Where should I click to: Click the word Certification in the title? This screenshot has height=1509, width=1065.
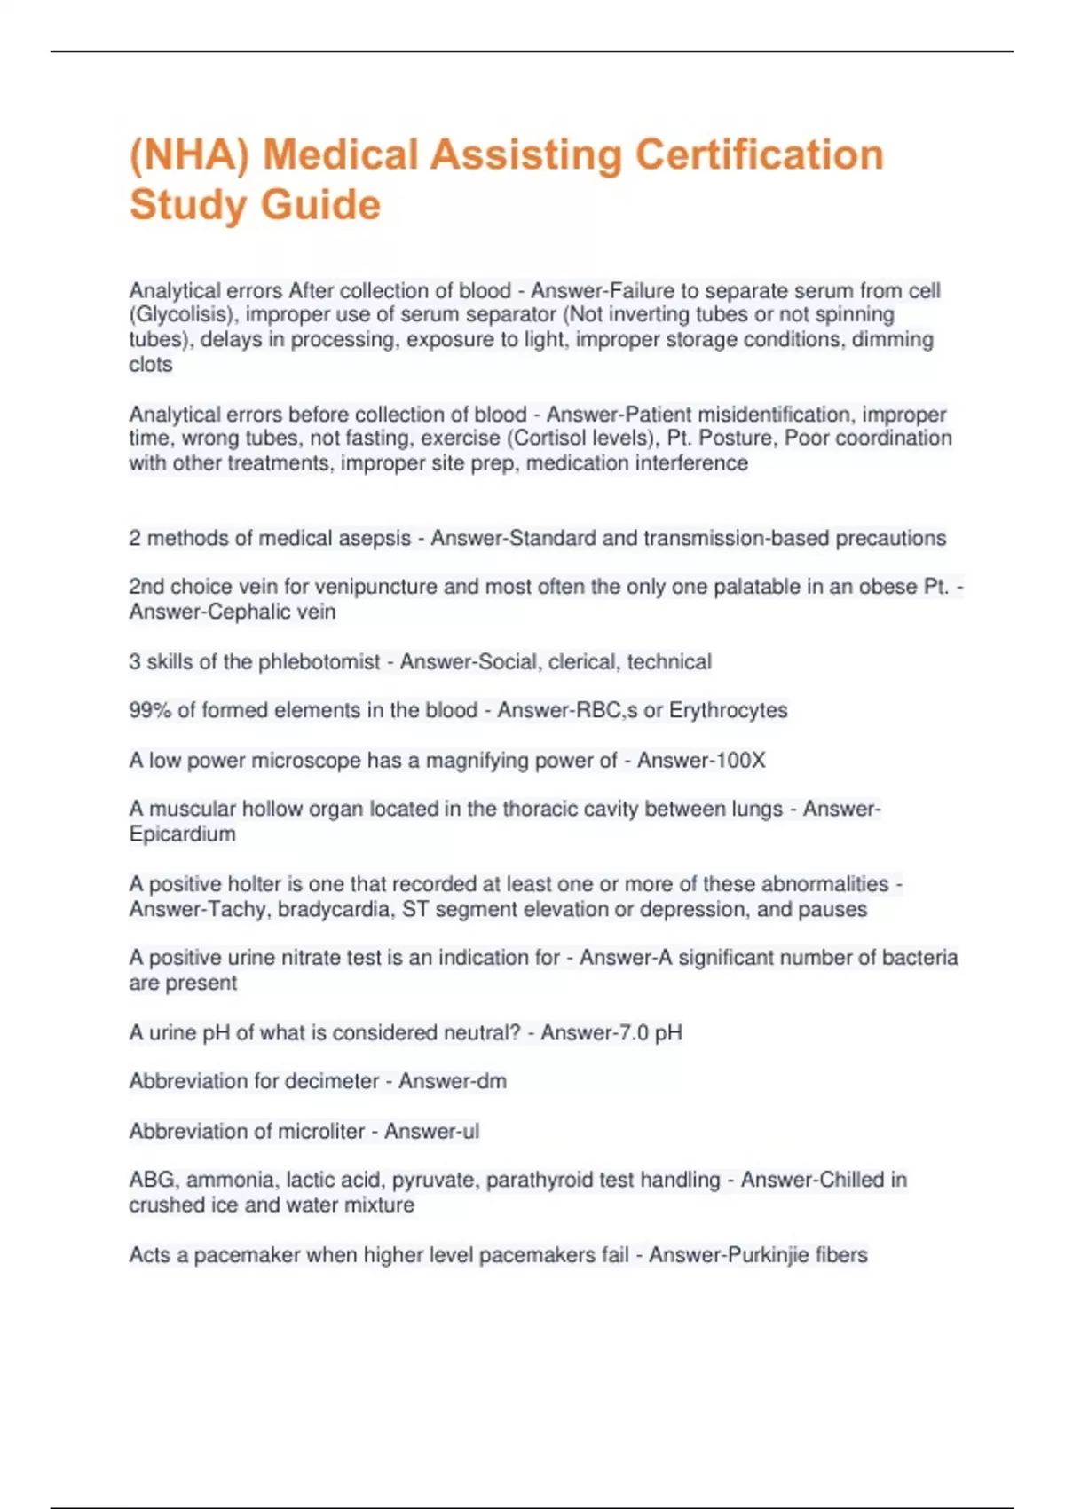(760, 154)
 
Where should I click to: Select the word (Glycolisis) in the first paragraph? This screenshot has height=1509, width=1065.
(184, 315)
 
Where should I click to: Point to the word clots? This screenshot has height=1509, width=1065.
(151, 365)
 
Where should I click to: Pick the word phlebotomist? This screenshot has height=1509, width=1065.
(319, 662)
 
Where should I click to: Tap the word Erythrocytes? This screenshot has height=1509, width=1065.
(728, 710)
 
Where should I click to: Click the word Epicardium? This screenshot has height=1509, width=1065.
(183, 834)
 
